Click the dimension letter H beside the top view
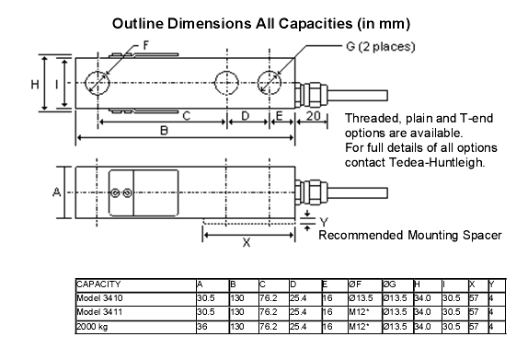(35, 84)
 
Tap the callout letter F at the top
(146, 45)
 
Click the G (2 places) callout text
(381, 47)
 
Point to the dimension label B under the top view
(164, 131)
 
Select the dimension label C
(187, 116)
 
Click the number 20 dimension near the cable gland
(313, 116)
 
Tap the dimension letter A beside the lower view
(57, 192)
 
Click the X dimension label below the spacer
(247, 242)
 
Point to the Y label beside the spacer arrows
(324, 222)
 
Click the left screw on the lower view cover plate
(115, 192)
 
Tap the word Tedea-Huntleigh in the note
(437, 162)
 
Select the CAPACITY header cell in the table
(98, 285)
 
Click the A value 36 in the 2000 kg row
(202, 326)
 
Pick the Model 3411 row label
(99, 312)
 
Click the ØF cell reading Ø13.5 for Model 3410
(361, 298)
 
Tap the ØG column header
(390, 285)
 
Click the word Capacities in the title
(316, 24)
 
